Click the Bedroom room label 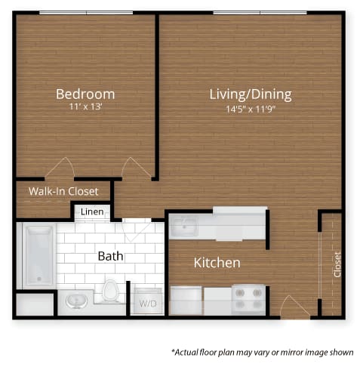tap(85, 94)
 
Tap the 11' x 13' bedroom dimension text tap(85, 107)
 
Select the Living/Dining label tap(251, 94)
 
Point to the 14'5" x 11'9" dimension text tap(251, 109)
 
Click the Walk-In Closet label tap(63, 191)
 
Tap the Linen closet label tap(92, 212)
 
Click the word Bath tap(110, 256)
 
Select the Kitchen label tap(217, 263)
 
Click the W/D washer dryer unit tap(149, 301)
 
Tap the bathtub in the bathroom tap(39, 255)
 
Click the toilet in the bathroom tap(110, 291)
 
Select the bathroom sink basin tap(77, 301)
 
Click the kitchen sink tap(184, 227)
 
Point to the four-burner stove tap(248, 300)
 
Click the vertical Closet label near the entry tap(337, 265)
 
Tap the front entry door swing tap(295, 306)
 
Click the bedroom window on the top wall tap(86, 13)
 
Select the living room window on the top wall tap(260, 13)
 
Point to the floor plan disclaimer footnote tap(263, 352)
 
